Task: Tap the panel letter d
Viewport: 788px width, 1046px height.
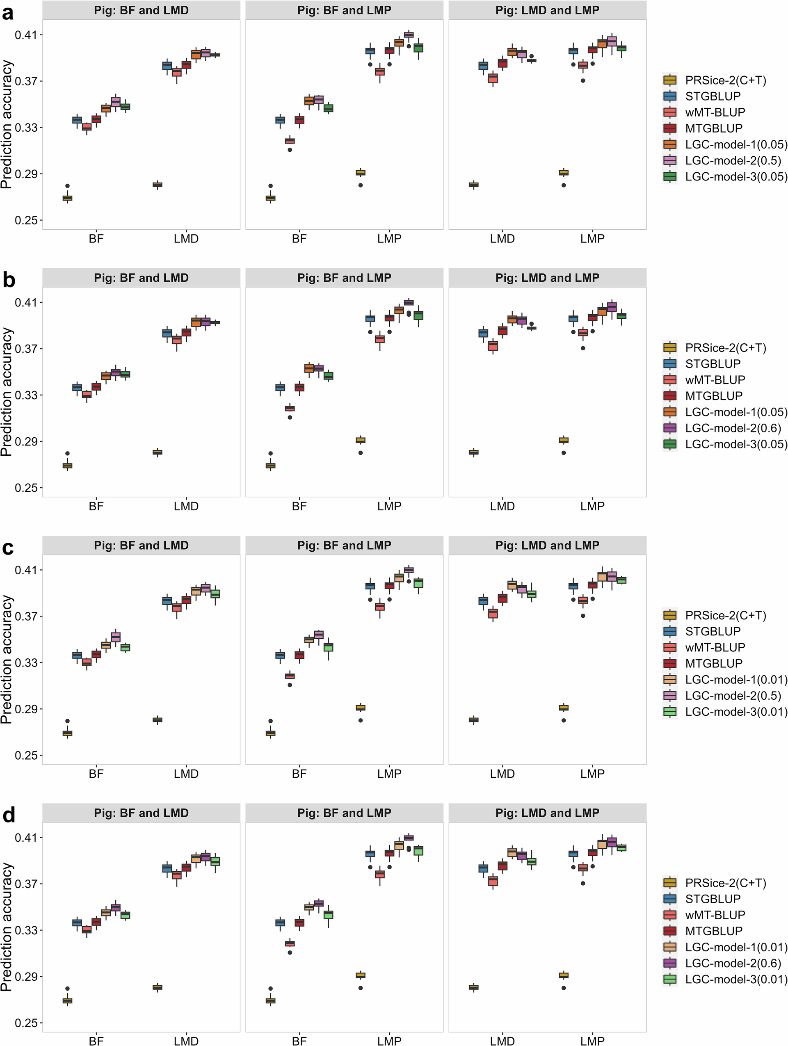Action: click(x=9, y=815)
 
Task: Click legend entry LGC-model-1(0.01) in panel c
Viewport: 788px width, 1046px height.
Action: click(x=736, y=680)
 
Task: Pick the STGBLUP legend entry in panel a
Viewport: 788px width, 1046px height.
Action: click(x=713, y=96)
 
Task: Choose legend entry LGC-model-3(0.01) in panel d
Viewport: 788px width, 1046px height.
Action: click(x=736, y=979)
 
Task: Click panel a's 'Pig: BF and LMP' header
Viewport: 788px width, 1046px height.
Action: click(x=344, y=10)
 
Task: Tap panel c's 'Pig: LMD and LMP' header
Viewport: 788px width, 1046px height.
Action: click(x=547, y=545)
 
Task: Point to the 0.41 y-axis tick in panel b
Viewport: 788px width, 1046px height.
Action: click(x=27, y=302)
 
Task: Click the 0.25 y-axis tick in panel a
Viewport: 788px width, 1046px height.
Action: click(x=27, y=220)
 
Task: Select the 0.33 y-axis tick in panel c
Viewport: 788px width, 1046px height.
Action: click(x=27, y=662)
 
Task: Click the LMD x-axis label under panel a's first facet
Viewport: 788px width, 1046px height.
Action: click(x=186, y=239)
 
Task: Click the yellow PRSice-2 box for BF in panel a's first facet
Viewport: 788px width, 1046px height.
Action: click(x=68, y=198)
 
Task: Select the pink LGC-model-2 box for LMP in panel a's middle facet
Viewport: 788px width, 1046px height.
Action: click(x=409, y=34)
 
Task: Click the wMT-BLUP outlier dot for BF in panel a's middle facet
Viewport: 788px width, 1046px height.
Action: click(x=290, y=150)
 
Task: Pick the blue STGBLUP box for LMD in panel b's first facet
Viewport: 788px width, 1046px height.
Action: click(x=167, y=333)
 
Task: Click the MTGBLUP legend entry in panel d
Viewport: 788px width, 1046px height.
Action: click(x=713, y=931)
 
